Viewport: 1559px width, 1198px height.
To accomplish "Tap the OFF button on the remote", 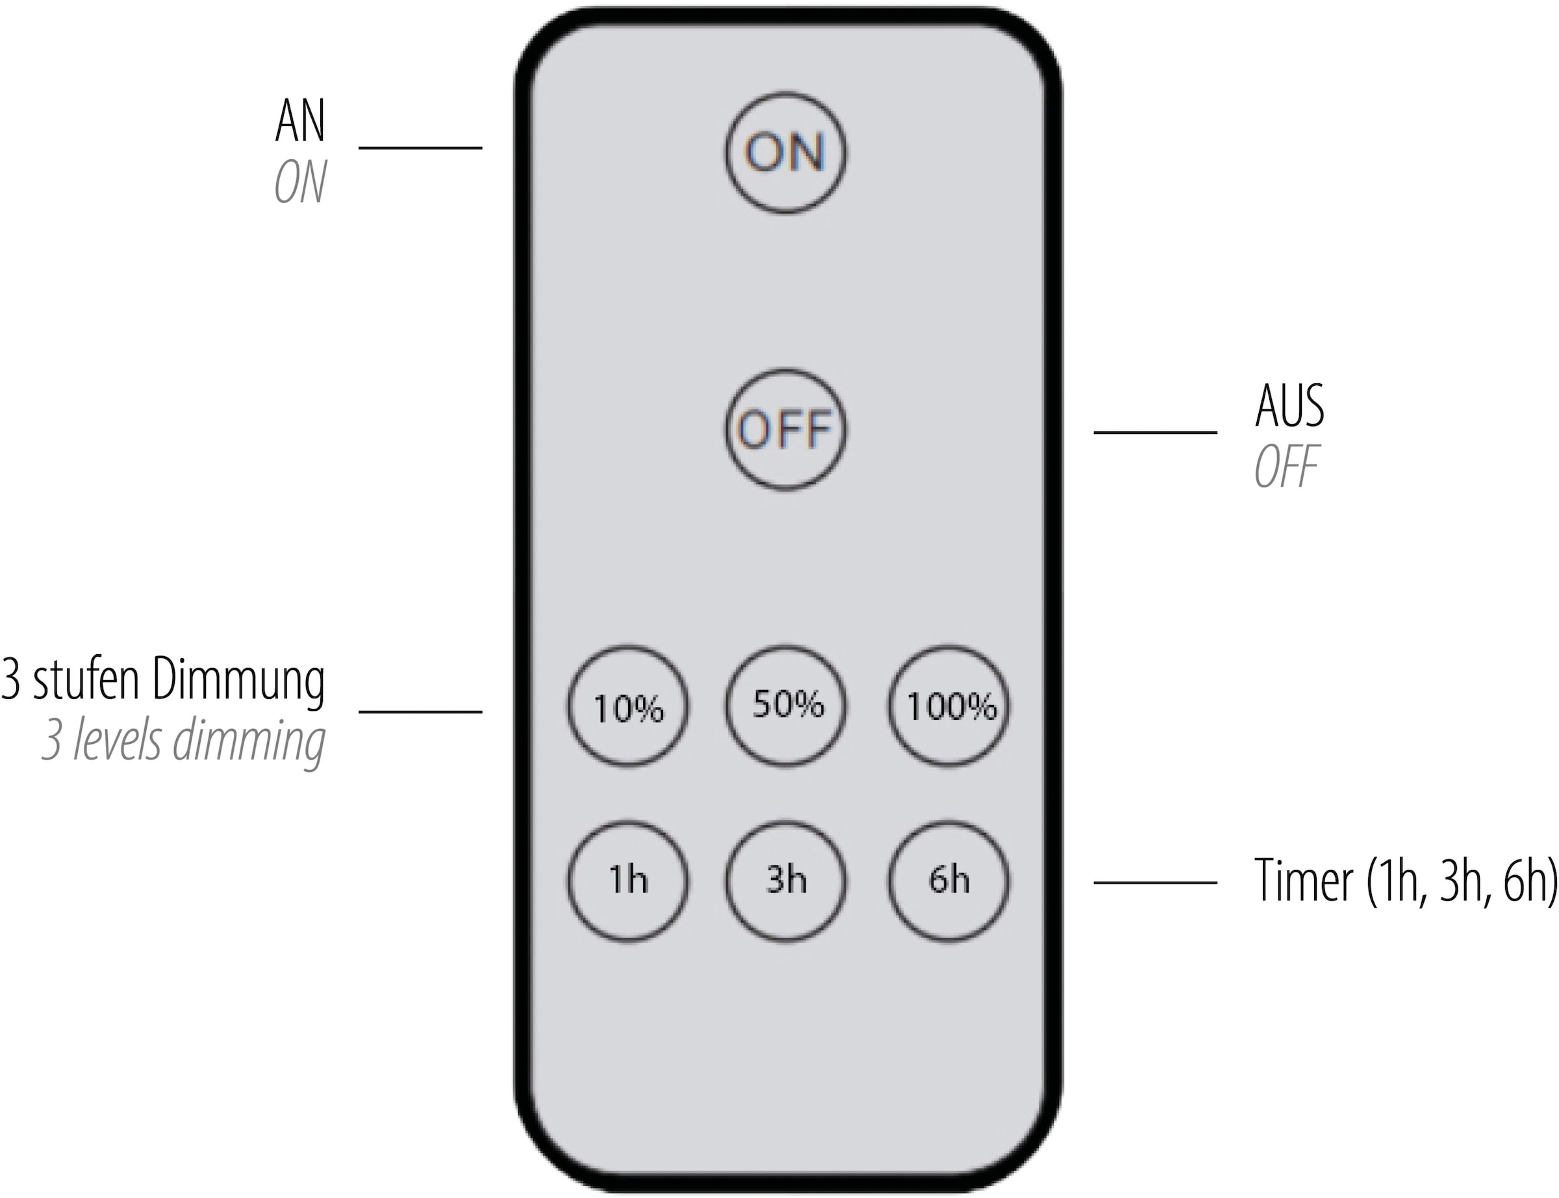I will coord(785,429).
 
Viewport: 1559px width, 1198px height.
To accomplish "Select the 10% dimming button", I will coord(627,706).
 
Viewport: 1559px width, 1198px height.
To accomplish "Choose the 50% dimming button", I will coord(786,704).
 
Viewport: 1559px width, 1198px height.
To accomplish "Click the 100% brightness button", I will coord(949,706).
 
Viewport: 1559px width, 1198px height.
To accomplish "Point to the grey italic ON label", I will coord(300,183).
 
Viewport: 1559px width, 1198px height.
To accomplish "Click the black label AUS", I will coord(1289,406).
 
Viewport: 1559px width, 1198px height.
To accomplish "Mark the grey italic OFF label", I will coord(1286,467).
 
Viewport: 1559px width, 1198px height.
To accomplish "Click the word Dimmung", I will coord(239,681).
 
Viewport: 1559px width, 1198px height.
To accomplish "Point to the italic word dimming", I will coord(249,743).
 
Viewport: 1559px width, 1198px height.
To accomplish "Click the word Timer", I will coord(1303,882).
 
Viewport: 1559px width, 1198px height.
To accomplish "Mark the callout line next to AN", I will coord(420,147).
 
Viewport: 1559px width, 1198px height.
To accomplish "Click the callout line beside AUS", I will coord(1155,432).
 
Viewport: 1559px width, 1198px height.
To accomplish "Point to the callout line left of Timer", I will coord(1155,883).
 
